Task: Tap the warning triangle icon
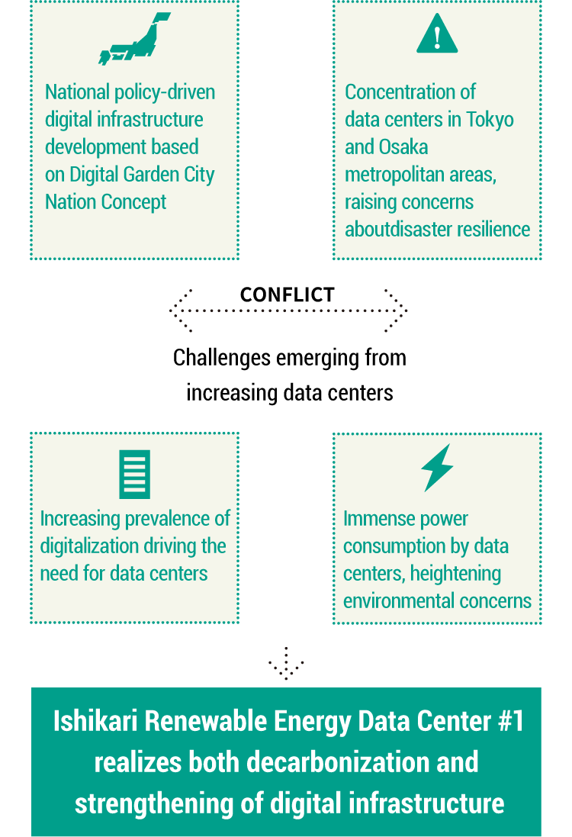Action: (x=437, y=35)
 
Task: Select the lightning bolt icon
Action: (x=437, y=467)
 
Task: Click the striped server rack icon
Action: (x=134, y=474)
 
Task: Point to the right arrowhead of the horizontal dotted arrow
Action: (x=397, y=311)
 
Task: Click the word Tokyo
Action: (x=490, y=120)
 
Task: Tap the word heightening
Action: (x=454, y=574)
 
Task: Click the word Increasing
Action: (x=80, y=520)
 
